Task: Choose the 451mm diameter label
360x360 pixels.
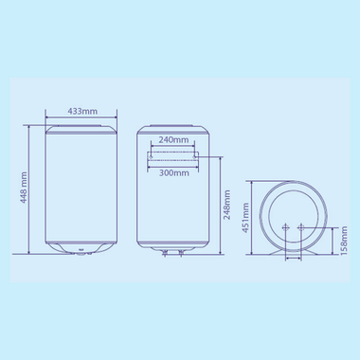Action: [x=244, y=216]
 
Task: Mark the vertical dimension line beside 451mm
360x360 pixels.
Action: [x=254, y=216]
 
